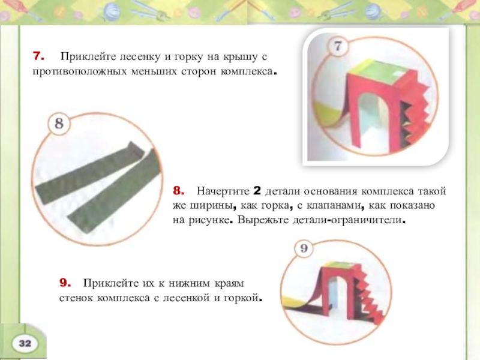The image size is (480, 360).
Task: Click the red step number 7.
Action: [38, 56]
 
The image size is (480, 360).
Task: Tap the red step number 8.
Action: [178, 191]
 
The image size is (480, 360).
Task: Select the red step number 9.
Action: [65, 283]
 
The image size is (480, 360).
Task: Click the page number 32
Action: [25, 343]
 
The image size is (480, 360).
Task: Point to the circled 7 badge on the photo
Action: [338, 46]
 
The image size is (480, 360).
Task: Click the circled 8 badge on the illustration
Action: [59, 124]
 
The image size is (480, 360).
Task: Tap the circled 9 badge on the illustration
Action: [304, 248]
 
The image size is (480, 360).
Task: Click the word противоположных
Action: [80, 71]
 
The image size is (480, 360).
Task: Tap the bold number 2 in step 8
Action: [257, 191]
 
